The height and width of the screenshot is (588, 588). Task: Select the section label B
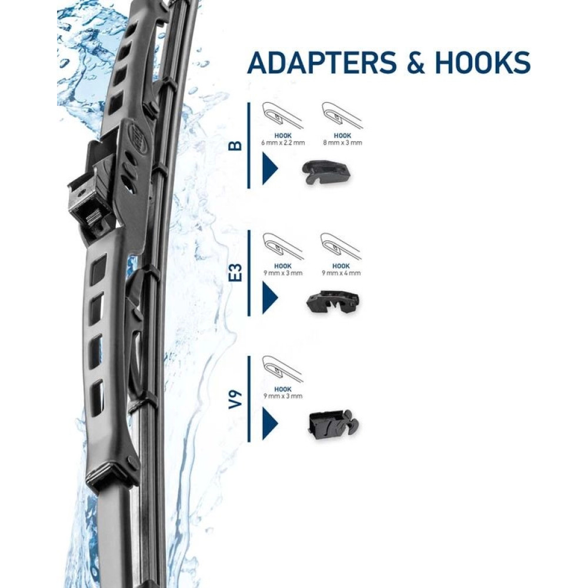(x=236, y=145)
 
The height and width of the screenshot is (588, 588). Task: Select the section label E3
(x=236, y=273)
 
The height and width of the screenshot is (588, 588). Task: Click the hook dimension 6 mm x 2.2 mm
(x=283, y=142)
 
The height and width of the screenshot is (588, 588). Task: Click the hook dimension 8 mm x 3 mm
(x=342, y=142)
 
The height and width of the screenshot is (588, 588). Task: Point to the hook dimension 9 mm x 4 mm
(x=341, y=273)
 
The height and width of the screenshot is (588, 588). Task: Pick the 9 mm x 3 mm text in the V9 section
(x=283, y=396)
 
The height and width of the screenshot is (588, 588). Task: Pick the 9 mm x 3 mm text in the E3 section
(x=283, y=273)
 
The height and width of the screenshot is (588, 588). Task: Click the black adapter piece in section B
(x=326, y=172)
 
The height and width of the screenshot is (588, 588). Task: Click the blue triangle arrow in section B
(x=269, y=168)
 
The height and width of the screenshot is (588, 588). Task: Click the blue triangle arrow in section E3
(x=269, y=298)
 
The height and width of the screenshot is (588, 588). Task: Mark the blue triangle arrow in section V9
(x=269, y=423)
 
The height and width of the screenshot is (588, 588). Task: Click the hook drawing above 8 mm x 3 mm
(x=342, y=115)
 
